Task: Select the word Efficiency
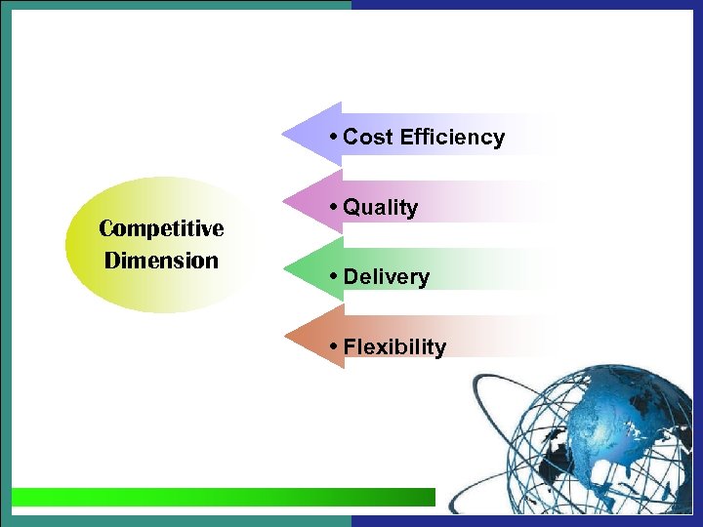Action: (x=452, y=138)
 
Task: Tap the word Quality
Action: (x=381, y=208)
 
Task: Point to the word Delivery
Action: (x=387, y=277)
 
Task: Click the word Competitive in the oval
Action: (x=161, y=228)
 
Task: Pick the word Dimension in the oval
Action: (x=161, y=261)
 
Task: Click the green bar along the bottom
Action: (x=225, y=497)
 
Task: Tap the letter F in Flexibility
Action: (x=350, y=346)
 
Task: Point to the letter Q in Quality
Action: (x=351, y=208)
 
